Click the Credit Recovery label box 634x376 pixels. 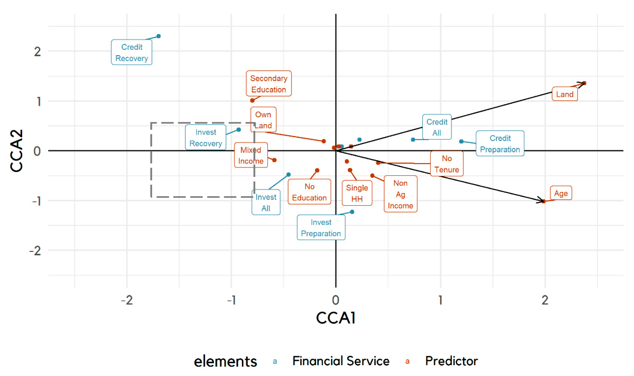(x=132, y=52)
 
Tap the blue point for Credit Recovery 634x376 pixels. (x=159, y=36)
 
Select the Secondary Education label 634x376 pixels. (x=269, y=84)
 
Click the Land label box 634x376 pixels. (x=565, y=94)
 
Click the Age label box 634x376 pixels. (x=561, y=193)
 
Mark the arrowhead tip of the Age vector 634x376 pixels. (x=543, y=201)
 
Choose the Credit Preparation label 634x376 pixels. (x=500, y=144)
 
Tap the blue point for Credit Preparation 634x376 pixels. (x=461, y=141)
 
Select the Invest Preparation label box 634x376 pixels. (x=321, y=228)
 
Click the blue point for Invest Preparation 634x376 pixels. (x=352, y=212)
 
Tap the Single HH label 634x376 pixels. (x=357, y=193)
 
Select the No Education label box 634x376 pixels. (x=309, y=192)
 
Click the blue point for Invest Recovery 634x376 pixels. (x=239, y=130)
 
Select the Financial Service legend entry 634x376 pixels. (x=341, y=361)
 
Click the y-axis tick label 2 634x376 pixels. (x=37, y=52)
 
